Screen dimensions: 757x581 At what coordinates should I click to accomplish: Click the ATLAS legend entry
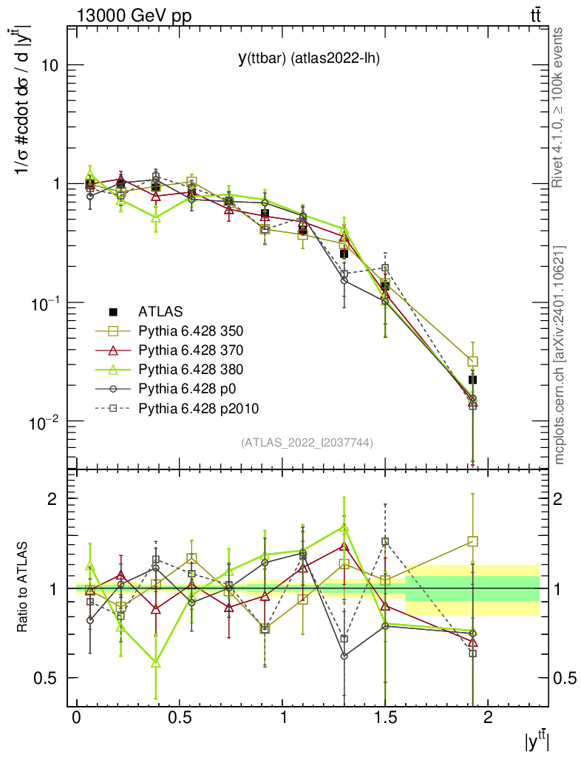[x=160, y=311]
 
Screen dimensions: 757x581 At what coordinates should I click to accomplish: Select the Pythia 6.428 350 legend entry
[x=191, y=330]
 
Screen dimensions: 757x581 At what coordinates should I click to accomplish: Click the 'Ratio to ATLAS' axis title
[x=24, y=588]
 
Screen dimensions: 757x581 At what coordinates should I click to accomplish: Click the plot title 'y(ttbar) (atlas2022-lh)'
[x=308, y=58]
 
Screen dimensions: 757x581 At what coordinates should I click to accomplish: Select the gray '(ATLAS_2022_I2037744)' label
[x=307, y=443]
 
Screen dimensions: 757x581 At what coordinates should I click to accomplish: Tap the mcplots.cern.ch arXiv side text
[x=559, y=355]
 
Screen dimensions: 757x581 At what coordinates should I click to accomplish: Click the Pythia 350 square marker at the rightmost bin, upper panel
[x=473, y=361]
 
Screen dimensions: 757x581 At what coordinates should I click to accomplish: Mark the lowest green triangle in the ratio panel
[x=156, y=663]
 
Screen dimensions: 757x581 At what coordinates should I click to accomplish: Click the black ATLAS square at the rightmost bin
[x=473, y=379]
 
